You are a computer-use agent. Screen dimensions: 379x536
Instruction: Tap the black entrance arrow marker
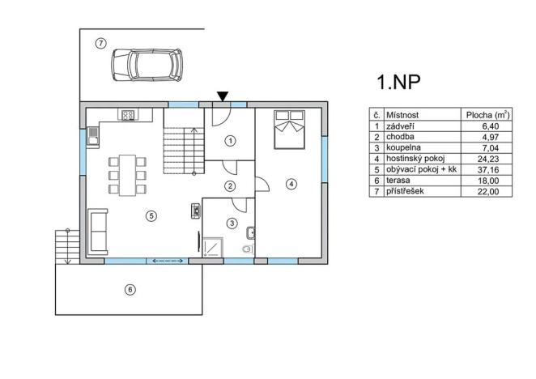(222, 97)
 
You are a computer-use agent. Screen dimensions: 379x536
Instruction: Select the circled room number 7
(100, 43)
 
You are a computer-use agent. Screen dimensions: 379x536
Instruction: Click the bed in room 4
(287, 130)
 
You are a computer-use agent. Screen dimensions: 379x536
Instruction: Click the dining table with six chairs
(127, 175)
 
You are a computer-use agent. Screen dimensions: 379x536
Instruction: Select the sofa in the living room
(97, 231)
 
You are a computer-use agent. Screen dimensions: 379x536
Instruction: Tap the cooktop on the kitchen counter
(127, 115)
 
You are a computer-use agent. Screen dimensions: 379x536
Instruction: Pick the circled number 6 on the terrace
(129, 289)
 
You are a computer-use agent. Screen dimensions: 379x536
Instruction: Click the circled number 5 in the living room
(150, 215)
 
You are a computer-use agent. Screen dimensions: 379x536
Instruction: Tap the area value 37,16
(496, 170)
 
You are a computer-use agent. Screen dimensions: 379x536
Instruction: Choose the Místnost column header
(402, 115)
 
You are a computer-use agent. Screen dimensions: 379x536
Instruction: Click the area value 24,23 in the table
(496, 160)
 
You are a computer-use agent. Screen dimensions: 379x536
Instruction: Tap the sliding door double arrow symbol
(166, 261)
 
